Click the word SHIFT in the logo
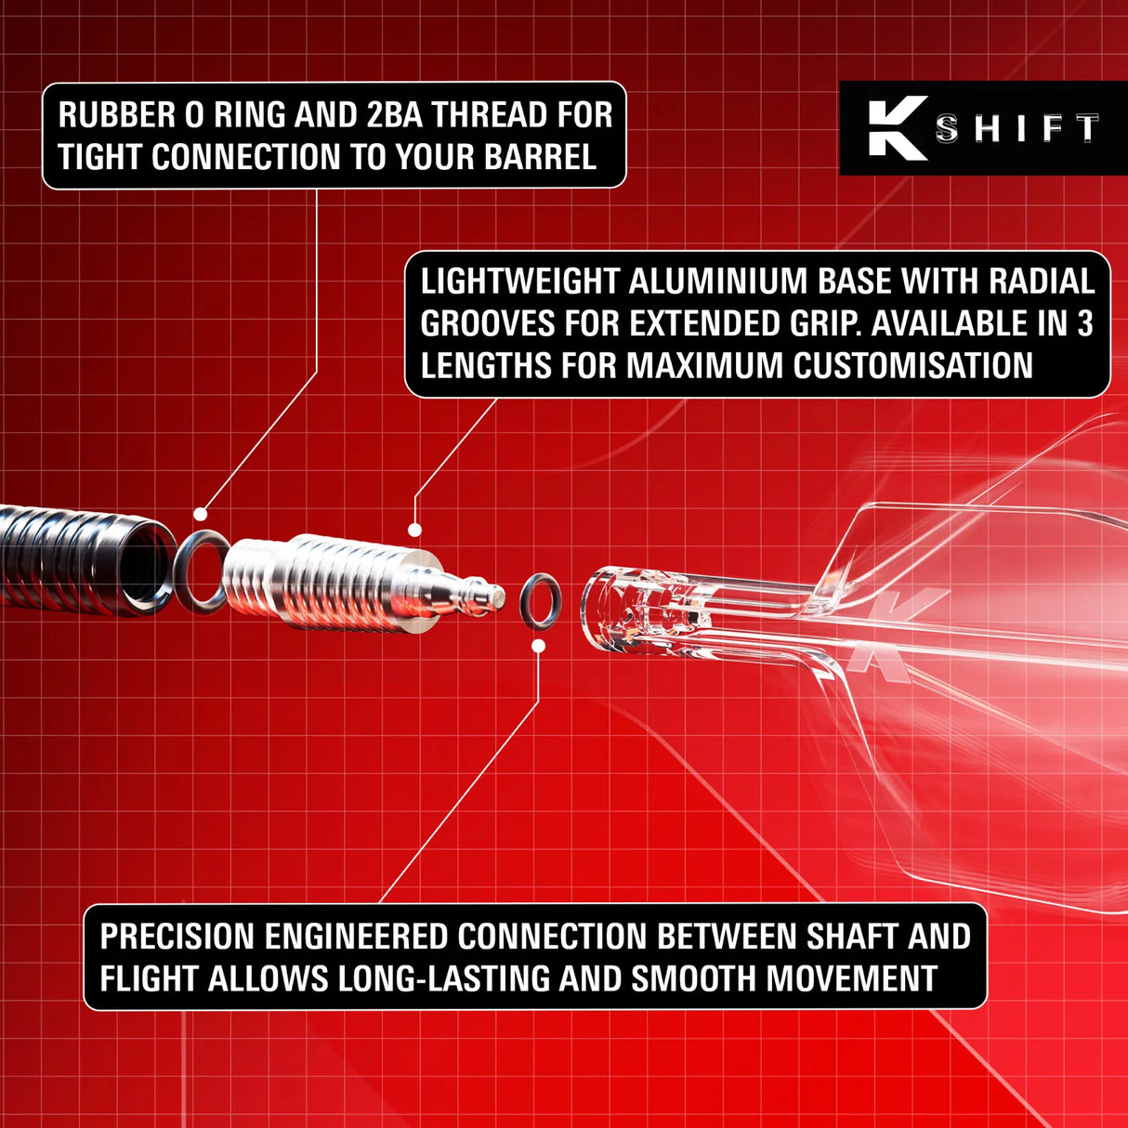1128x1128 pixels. [1017, 128]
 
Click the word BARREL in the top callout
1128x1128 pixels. [540, 157]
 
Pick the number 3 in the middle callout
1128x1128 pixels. [1084, 323]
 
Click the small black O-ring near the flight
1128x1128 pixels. [540, 600]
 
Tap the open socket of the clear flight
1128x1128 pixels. [604, 609]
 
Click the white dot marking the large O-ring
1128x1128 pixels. [200, 514]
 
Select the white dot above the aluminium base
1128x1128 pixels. [414, 530]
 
